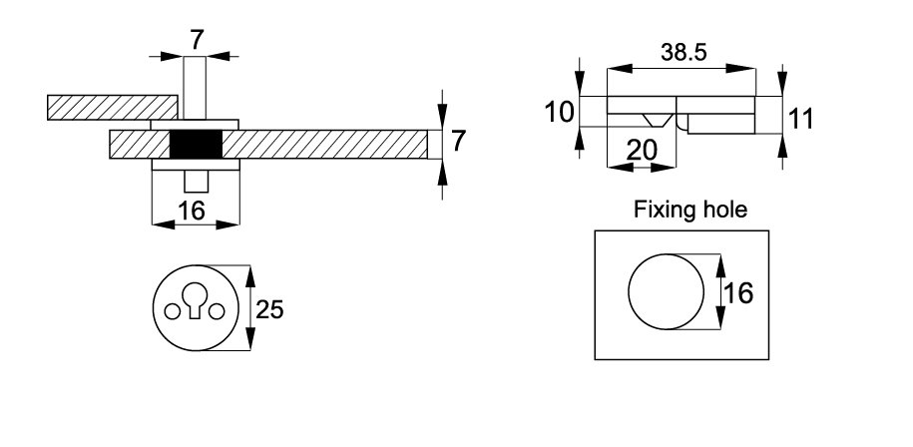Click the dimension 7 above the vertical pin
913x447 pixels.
tap(196, 40)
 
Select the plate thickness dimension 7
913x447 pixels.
tap(459, 142)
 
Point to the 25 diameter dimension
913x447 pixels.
tap(269, 310)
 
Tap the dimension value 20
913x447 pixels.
tap(643, 151)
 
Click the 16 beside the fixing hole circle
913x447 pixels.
tap(737, 293)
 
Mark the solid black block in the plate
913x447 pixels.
tap(196, 145)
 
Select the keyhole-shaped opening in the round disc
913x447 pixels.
tap(196, 302)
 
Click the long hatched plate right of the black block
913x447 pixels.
tap(329, 145)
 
